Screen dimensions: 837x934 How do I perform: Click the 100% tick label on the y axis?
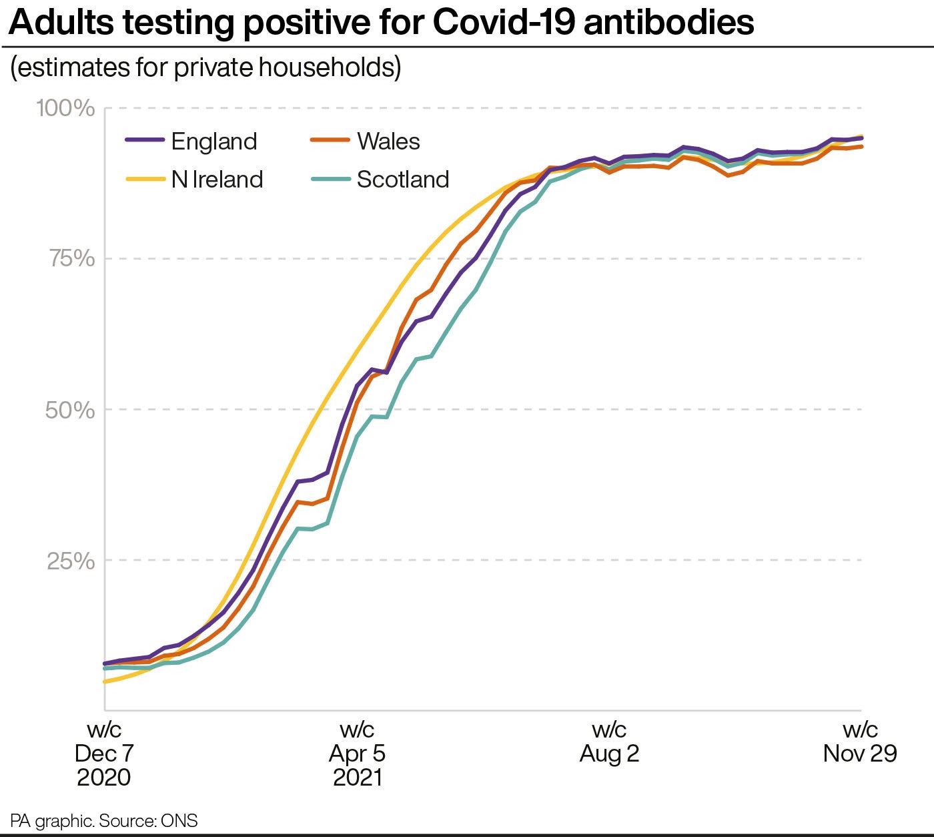click(65, 107)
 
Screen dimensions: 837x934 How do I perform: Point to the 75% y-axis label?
click(72, 258)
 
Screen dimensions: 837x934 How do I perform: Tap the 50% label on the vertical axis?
click(70, 410)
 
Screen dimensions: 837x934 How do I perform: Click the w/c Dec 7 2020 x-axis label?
click(104, 753)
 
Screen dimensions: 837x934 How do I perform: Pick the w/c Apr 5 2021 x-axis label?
click(357, 753)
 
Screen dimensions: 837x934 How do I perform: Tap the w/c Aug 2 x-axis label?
click(609, 742)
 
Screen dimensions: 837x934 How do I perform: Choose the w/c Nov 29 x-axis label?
click(860, 742)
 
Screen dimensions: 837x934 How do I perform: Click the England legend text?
click(214, 142)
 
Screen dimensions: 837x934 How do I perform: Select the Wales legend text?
click(388, 142)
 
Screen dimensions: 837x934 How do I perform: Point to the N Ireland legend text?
click(217, 180)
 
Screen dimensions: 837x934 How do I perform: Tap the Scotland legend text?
click(403, 180)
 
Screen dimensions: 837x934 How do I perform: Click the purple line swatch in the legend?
click(145, 140)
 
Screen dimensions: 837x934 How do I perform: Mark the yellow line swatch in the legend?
click(145, 179)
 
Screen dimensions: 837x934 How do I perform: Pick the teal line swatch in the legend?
click(330, 179)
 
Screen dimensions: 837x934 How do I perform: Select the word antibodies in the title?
click(668, 23)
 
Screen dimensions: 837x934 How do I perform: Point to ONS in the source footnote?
click(179, 820)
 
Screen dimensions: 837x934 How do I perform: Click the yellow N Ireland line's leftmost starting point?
click(105, 681)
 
